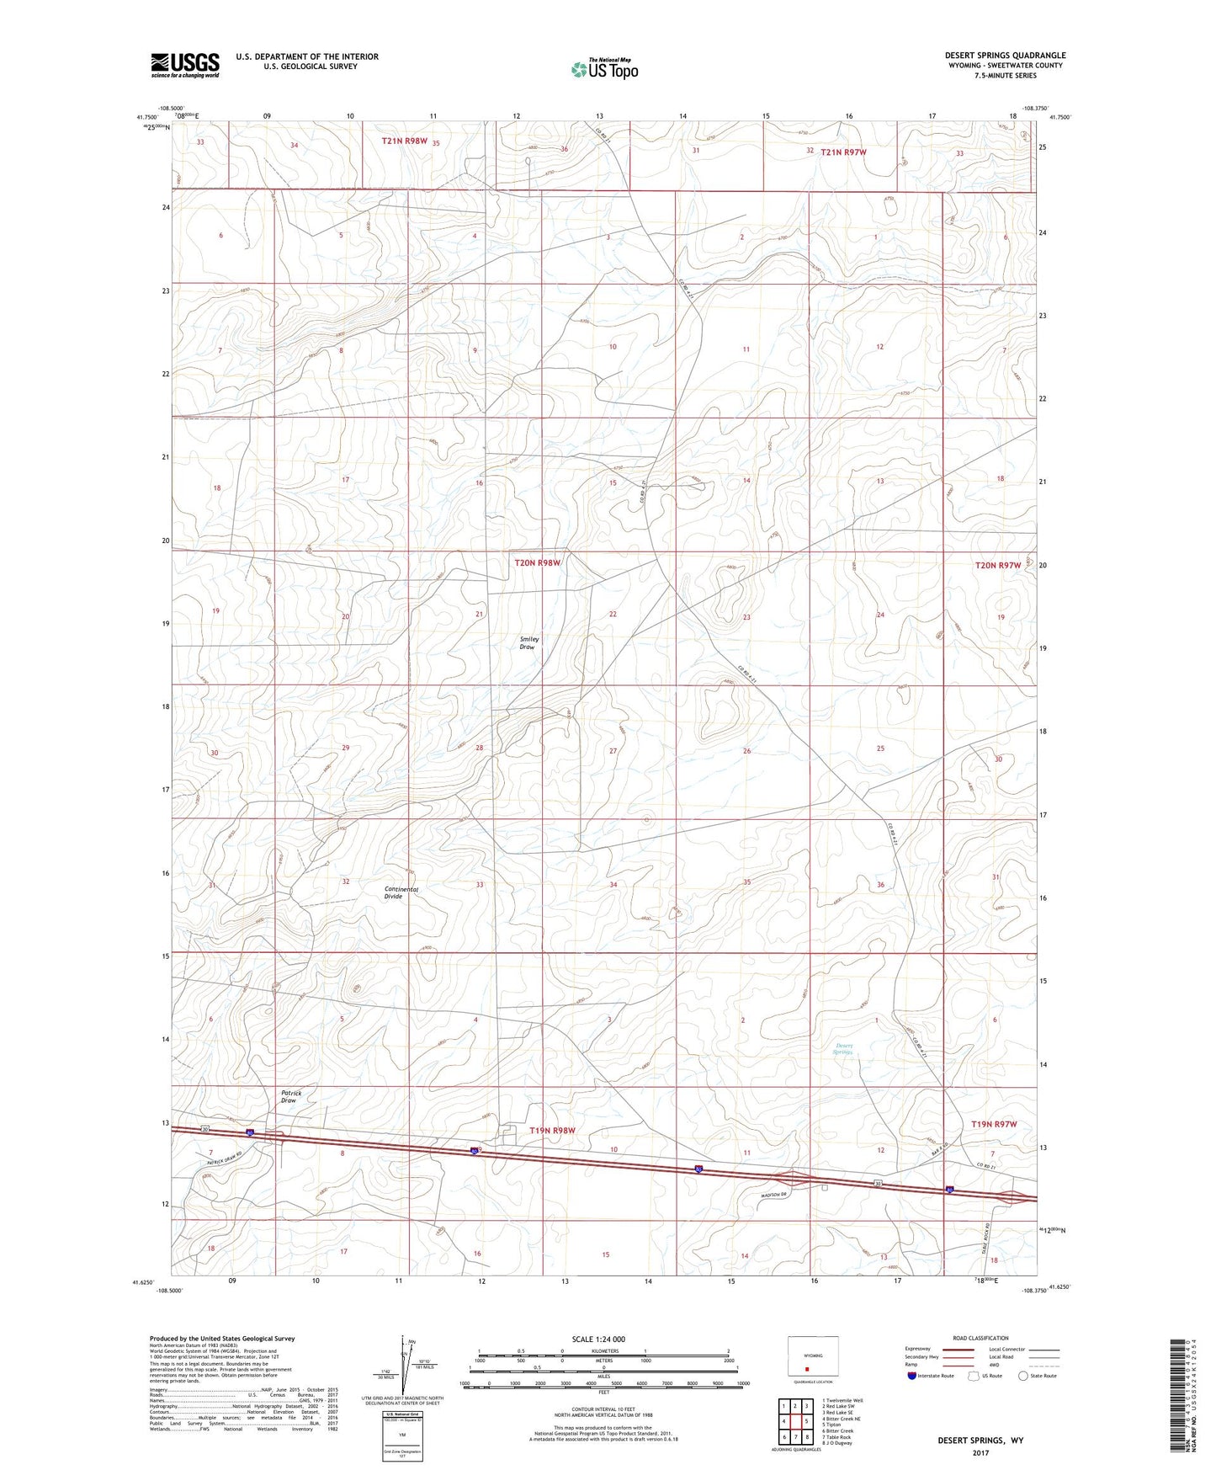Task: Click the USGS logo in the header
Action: click(x=184, y=65)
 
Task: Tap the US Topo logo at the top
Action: click(x=604, y=69)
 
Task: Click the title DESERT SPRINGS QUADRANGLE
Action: click(x=1005, y=56)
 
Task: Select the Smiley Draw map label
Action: click(x=528, y=642)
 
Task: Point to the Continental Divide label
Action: click(x=401, y=892)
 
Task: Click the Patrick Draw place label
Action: click(x=290, y=1096)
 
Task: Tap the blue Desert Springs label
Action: click(x=843, y=1048)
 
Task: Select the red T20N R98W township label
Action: click(x=537, y=562)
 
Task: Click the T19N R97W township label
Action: click(x=994, y=1124)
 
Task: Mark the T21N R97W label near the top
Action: click(x=843, y=152)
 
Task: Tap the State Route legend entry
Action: click(x=1037, y=1376)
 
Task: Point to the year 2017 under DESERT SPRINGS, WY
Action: click(x=980, y=1452)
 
